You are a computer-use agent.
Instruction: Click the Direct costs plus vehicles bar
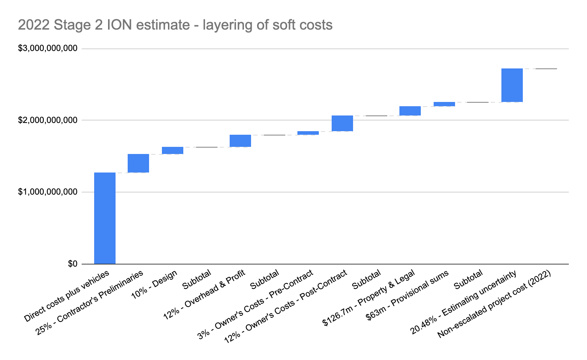point(105,218)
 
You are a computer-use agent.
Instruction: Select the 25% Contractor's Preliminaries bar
point(138,163)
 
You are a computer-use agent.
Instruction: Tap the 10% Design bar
point(173,150)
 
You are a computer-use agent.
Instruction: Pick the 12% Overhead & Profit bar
point(240,141)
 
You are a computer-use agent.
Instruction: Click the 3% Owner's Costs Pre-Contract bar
point(308,133)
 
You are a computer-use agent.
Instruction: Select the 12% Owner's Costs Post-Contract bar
point(342,123)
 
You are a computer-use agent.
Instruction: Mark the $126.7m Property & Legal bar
point(410,111)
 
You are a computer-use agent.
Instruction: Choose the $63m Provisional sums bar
point(444,104)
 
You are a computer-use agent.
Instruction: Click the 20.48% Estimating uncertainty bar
point(512,85)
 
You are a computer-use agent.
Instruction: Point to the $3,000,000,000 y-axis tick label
point(48,48)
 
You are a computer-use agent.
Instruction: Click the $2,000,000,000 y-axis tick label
point(48,120)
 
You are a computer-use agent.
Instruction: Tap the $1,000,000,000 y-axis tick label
point(48,192)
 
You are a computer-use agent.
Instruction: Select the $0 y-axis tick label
point(73,264)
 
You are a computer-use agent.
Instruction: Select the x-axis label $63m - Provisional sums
point(408,295)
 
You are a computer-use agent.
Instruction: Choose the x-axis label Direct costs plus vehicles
point(67,297)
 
